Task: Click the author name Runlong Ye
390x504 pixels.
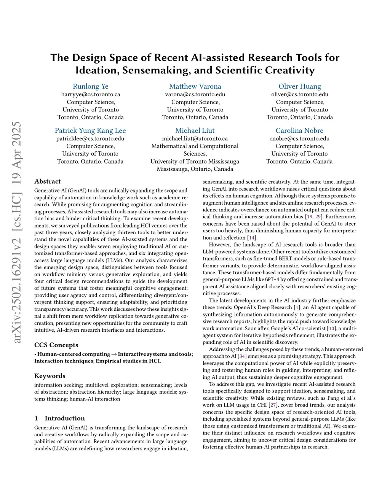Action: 91,86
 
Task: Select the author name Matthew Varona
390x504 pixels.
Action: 195,86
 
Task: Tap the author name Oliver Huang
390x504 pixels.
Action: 300,86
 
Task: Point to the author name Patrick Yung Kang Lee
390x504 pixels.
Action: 90,130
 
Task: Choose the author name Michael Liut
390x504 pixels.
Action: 195,130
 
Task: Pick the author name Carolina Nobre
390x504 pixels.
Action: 299,130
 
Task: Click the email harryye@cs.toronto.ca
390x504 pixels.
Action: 91,94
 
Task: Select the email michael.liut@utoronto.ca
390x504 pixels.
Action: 195,138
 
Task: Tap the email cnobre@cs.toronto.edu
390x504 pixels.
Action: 299,138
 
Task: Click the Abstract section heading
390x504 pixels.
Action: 48,181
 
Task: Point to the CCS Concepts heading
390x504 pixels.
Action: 56,345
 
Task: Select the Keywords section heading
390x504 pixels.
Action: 50,376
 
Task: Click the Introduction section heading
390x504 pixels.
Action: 65,418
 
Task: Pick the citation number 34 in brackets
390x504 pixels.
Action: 242,356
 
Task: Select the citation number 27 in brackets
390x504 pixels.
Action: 273,405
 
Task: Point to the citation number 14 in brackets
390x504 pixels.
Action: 252,238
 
